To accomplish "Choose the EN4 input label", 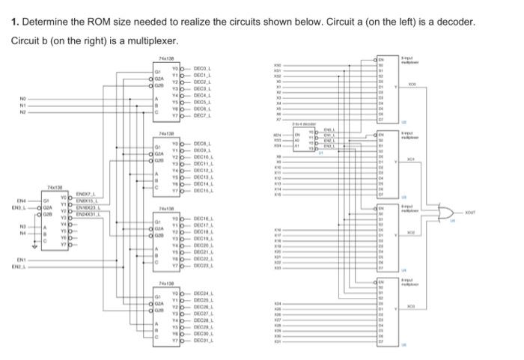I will [x=22, y=201].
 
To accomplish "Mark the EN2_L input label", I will [x=24, y=266].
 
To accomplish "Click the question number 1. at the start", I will [x=16, y=22].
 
